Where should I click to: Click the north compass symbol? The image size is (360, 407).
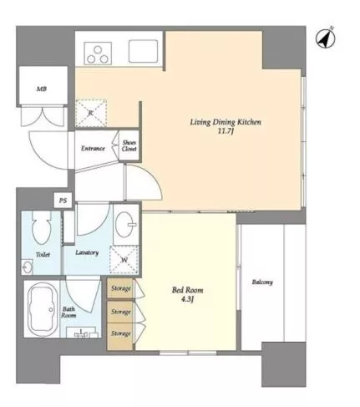pyautogui.click(x=326, y=38)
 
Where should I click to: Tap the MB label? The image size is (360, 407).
pyautogui.click(x=42, y=89)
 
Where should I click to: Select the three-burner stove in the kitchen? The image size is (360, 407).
pyautogui.click(x=98, y=53)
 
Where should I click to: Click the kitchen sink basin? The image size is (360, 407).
pyautogui.click(x=143, y=51)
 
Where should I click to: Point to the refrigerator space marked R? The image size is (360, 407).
pyautogui.click(x=91, y=113)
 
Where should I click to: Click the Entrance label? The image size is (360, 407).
pyautogui.click(x=93, y=149)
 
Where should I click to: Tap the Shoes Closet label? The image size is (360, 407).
pyautogui.click(x=129, y=145)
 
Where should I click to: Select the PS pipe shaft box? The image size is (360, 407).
pyautogui.click(x=63, y=201)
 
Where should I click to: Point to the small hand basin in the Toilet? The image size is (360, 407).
pyautogui.click(x=27, y=268)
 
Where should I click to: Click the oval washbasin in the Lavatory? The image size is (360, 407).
pyautogui.click(x=125, y=224)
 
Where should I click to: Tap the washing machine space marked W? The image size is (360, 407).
pyautogui.click(x=124, y=260)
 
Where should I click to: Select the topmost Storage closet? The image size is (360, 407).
pyautogui.click(x=120, y=288)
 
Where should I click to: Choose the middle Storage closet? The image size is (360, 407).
pyautogui.click(x=120, y=312)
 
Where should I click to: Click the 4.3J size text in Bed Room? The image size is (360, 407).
pyautogui.click(x=187, y=299)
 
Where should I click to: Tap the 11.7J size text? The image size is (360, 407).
pyautogui.click(x=226, y=131)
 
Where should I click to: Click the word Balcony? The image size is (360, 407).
pyautogui.click(x=262, y=282)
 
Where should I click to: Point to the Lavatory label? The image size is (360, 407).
pyautogui.click(x=87, y=252)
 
